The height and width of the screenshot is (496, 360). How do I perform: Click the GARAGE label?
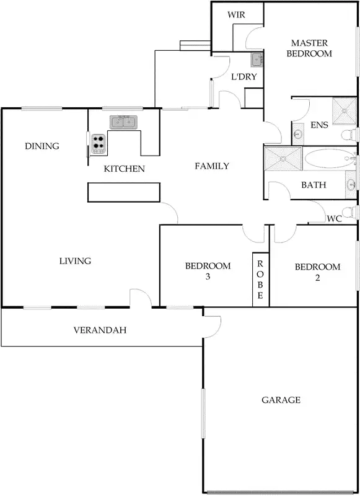(x=281, y=400)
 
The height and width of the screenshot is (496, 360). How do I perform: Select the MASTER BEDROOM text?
(x=311, y=48)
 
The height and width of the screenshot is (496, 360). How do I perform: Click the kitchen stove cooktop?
(x=97, y=143)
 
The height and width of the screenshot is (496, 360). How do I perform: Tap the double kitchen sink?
(x=124, y=122)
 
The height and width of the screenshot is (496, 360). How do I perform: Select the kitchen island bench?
(x=124, y=192)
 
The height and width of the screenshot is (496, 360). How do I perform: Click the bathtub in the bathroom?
(x=328, y=159)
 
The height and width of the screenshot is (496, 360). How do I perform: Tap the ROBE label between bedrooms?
(x=260, y=279)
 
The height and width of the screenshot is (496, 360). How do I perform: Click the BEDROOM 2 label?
(x=317, y=272)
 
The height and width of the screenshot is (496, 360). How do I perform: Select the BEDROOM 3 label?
(x=208, y=271)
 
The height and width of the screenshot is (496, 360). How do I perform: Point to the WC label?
(x=335, y=219)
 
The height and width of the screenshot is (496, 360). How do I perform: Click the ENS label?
(x=319, y=125)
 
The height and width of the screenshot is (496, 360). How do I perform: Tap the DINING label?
(x=42, y=146)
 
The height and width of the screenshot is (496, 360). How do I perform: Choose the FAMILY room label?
(x=212, y=166)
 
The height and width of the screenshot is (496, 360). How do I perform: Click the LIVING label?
(x=75, y=261)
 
